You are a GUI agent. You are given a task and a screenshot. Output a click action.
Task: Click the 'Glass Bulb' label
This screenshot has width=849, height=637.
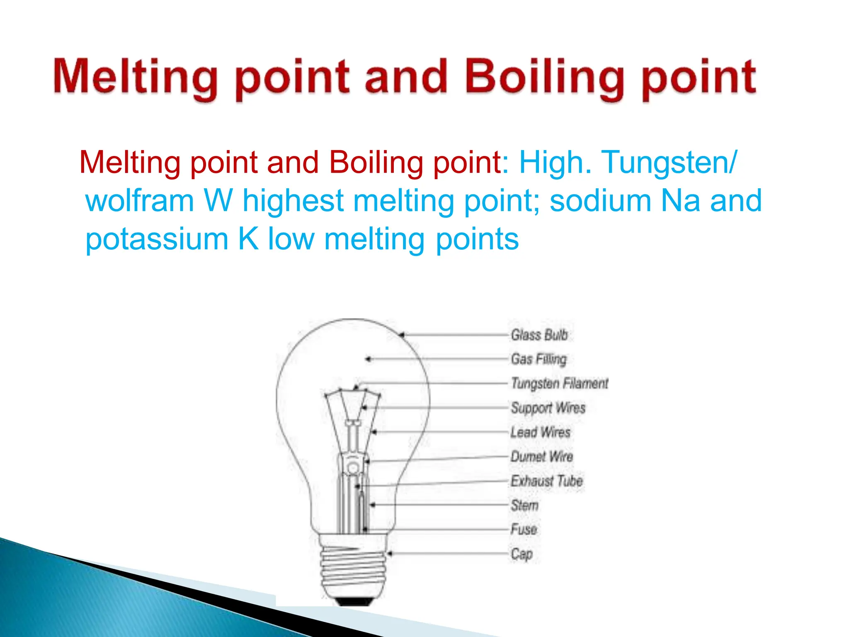[x=539, y=335]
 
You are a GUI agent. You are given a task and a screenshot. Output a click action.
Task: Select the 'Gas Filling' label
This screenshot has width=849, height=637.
[x=539, y=359]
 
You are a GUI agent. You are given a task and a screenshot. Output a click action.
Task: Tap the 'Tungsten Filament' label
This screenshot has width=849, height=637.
[x=559, y=383]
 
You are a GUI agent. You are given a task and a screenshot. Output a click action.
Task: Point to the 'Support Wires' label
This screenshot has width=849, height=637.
[x=548, y=408]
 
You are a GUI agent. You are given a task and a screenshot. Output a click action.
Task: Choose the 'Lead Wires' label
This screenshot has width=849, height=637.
[x=540, y=432]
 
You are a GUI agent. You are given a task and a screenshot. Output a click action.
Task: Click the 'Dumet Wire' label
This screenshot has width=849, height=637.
[x=541, y=457]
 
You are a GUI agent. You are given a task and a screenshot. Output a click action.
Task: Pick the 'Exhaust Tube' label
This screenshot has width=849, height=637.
[x=546, y=481]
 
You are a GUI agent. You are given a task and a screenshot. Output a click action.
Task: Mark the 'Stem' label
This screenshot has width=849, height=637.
[x=524, y=505]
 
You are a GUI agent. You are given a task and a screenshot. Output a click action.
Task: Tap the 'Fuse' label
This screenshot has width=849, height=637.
[x=524, y=529]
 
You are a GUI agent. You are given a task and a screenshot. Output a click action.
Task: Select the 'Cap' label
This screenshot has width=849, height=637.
[x=522, y=554]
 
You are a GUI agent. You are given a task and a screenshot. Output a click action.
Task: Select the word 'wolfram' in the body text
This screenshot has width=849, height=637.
[x=140, y=201]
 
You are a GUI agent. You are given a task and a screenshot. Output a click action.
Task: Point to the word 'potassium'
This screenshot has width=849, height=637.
[x=157, y=239]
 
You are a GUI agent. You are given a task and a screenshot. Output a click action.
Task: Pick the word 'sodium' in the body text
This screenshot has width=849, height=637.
[x=600, y=201]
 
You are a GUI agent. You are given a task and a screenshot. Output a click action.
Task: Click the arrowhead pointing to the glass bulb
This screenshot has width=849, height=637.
[x=402, y=334]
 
